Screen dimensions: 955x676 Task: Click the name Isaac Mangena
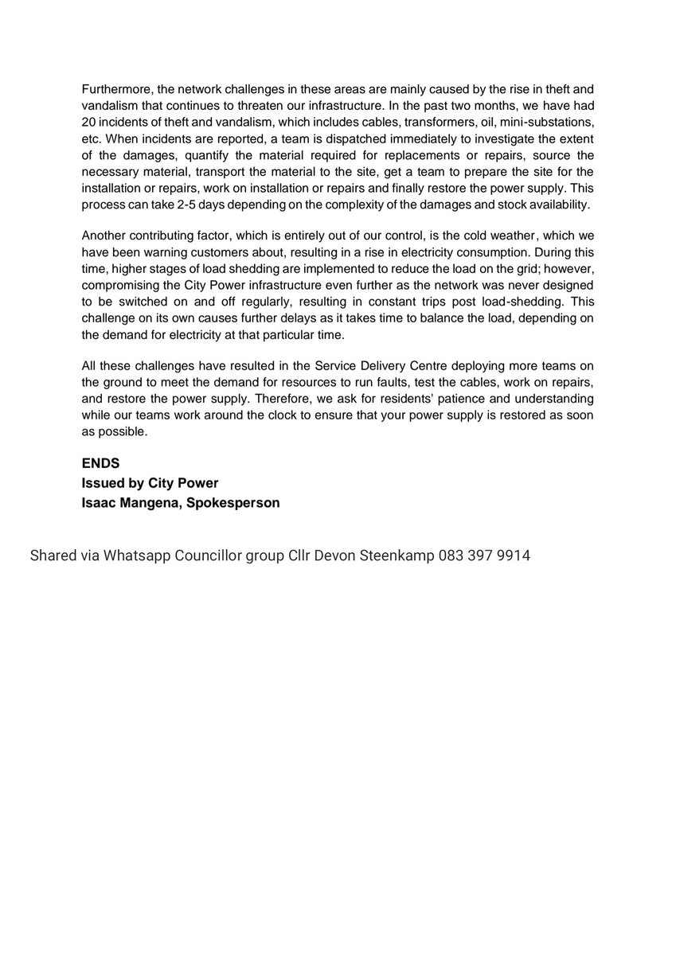131,503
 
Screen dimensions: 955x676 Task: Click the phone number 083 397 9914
484,555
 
